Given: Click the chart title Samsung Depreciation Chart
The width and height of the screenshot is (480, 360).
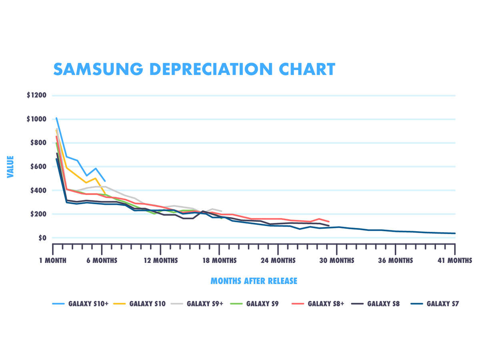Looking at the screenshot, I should coord(194,69).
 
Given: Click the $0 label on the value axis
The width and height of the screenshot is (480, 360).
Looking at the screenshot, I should coord(43,238).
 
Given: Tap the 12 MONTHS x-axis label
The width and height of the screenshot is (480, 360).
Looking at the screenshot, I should coord(160,260).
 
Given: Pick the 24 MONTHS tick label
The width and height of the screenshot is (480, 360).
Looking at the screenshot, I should coord(278,260).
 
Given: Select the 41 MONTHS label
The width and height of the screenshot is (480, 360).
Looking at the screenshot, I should coord(455,260).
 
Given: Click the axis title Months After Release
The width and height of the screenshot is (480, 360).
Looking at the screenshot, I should coord(254,281).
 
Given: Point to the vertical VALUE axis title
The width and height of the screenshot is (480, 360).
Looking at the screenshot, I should coord(10,167).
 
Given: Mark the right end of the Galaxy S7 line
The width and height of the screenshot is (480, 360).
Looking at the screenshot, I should coord(455,233).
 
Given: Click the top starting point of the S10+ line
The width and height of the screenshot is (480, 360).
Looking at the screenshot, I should coord(56,118).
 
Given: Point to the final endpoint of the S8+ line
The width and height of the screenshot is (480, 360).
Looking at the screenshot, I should coord(329,222).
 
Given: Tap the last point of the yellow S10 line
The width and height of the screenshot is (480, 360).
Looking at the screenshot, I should coord(105,195).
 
